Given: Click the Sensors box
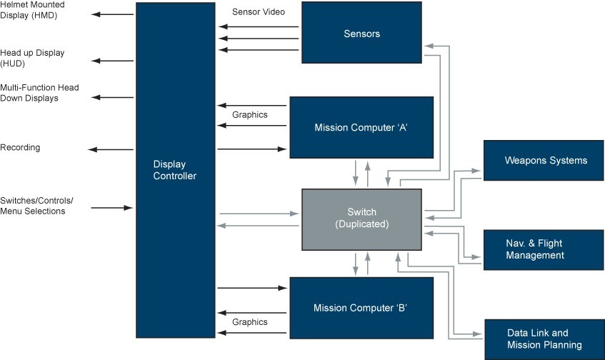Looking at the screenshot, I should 361,34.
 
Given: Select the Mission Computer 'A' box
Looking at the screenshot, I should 361,127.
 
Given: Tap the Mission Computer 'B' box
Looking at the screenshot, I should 361,308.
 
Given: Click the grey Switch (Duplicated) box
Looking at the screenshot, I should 361,219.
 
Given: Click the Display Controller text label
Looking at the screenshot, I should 175,170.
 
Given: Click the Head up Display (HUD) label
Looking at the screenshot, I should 31,58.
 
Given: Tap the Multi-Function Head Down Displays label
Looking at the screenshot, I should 39,93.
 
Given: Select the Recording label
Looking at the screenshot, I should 20,147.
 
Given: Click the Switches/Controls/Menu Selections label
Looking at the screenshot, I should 36,205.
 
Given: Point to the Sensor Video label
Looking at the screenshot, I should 259,12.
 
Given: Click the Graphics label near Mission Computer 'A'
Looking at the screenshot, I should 250,114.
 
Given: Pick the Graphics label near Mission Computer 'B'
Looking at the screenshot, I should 250,322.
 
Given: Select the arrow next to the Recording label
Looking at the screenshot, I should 111,149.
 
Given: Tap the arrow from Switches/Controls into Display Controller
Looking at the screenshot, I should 113,208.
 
